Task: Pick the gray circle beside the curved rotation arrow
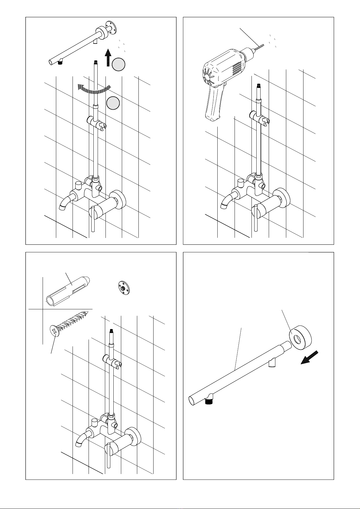113,103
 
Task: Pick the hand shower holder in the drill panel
260,118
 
